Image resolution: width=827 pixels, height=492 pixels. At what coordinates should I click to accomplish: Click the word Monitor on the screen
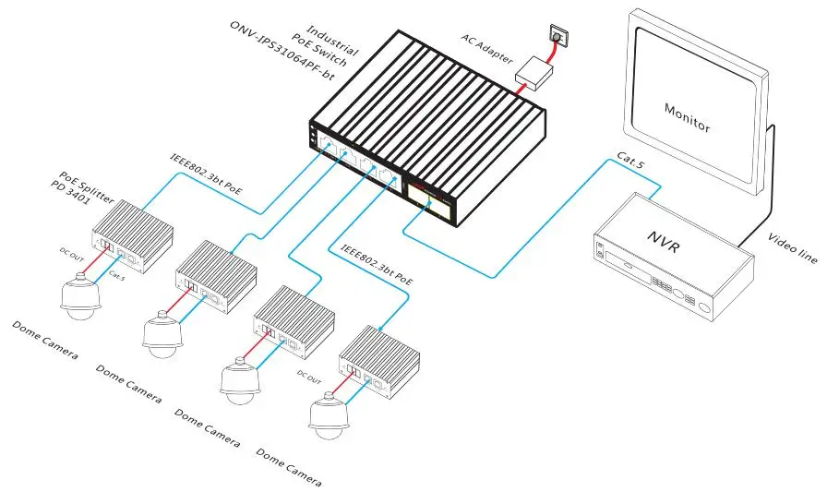(x=688, y=116)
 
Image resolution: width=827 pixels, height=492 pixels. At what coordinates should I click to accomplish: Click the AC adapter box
(x=532, y=68)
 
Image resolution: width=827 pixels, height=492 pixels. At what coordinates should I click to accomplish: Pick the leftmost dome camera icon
(x=78, y=295)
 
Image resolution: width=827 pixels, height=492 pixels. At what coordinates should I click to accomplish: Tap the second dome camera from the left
(x=162, y=335)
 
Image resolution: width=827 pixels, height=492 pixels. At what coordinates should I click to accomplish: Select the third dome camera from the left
(x=241, y=378)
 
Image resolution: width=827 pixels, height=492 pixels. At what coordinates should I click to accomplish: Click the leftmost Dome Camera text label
(x=44, y=340)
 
